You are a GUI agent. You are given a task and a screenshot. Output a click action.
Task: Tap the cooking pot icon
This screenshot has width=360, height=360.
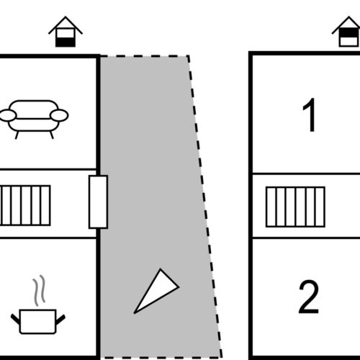click(38, 321)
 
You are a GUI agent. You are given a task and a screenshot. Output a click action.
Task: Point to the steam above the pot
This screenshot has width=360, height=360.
click(39, 290)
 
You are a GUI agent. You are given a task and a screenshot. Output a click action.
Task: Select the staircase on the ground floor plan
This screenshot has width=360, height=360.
click(25, 205)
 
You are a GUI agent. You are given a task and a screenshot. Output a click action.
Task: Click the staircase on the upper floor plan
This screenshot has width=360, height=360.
click(295, 207)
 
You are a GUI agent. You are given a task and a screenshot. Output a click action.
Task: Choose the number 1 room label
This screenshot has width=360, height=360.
click(309, 114)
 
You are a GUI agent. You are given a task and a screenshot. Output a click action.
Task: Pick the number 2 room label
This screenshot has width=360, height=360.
click(309, 297)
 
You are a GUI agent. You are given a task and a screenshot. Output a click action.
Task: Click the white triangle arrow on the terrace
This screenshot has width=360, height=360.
click(156, 291)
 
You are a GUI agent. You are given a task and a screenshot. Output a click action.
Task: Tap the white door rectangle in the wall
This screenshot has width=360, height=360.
click(98, 202)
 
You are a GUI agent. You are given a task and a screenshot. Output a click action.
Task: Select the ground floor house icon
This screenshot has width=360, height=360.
click(66, 32)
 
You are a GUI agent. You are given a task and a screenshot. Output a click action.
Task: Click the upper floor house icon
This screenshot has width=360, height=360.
click(347, 32)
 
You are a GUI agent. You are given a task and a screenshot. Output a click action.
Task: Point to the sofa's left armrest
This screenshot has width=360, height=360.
click(8, 115)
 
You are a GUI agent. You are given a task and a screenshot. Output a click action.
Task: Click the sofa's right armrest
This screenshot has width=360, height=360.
click(59, 115)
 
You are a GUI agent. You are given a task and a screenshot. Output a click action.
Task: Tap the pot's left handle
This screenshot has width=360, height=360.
click(15, 319)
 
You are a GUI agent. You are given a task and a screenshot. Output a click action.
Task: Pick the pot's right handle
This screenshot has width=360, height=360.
click(60, 319)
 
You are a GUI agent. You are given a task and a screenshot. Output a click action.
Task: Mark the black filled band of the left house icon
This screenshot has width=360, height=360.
click(66, 42)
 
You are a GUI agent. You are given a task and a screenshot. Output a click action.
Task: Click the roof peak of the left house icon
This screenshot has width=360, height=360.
click(66, 17)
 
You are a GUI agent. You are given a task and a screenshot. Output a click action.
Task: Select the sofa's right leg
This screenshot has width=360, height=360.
click(51, 135)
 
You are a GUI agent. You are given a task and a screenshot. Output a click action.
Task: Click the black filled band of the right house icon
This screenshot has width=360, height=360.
click(349, 32)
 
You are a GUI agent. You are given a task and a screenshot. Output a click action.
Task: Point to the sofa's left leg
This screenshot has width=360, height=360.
click(17, 135)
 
